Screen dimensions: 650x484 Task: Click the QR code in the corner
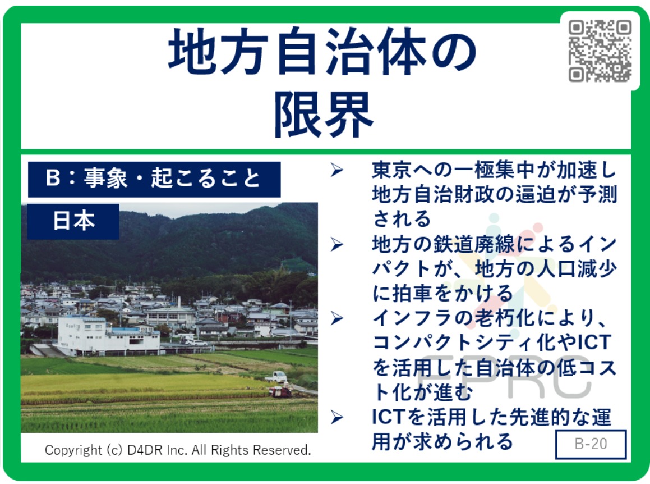coord(600,51)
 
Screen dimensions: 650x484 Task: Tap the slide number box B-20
coord(591,444)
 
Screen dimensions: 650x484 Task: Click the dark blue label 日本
coord(73,221)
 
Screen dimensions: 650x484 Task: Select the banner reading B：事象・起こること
coord(154,179)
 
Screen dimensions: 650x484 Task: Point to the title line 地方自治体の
coord(322,52)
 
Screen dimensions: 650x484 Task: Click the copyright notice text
coord(178,450)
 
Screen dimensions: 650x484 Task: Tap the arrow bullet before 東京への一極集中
coord(337,170)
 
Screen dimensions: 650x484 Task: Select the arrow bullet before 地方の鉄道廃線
coord(337,244)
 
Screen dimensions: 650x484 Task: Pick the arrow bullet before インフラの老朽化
coord(337,318)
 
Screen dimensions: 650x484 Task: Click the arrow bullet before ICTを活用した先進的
coord(337,417)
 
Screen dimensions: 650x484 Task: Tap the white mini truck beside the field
coord(276,377)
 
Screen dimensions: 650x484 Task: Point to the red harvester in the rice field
coord(280,391)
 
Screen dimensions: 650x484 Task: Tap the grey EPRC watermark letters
coord(504,376)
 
